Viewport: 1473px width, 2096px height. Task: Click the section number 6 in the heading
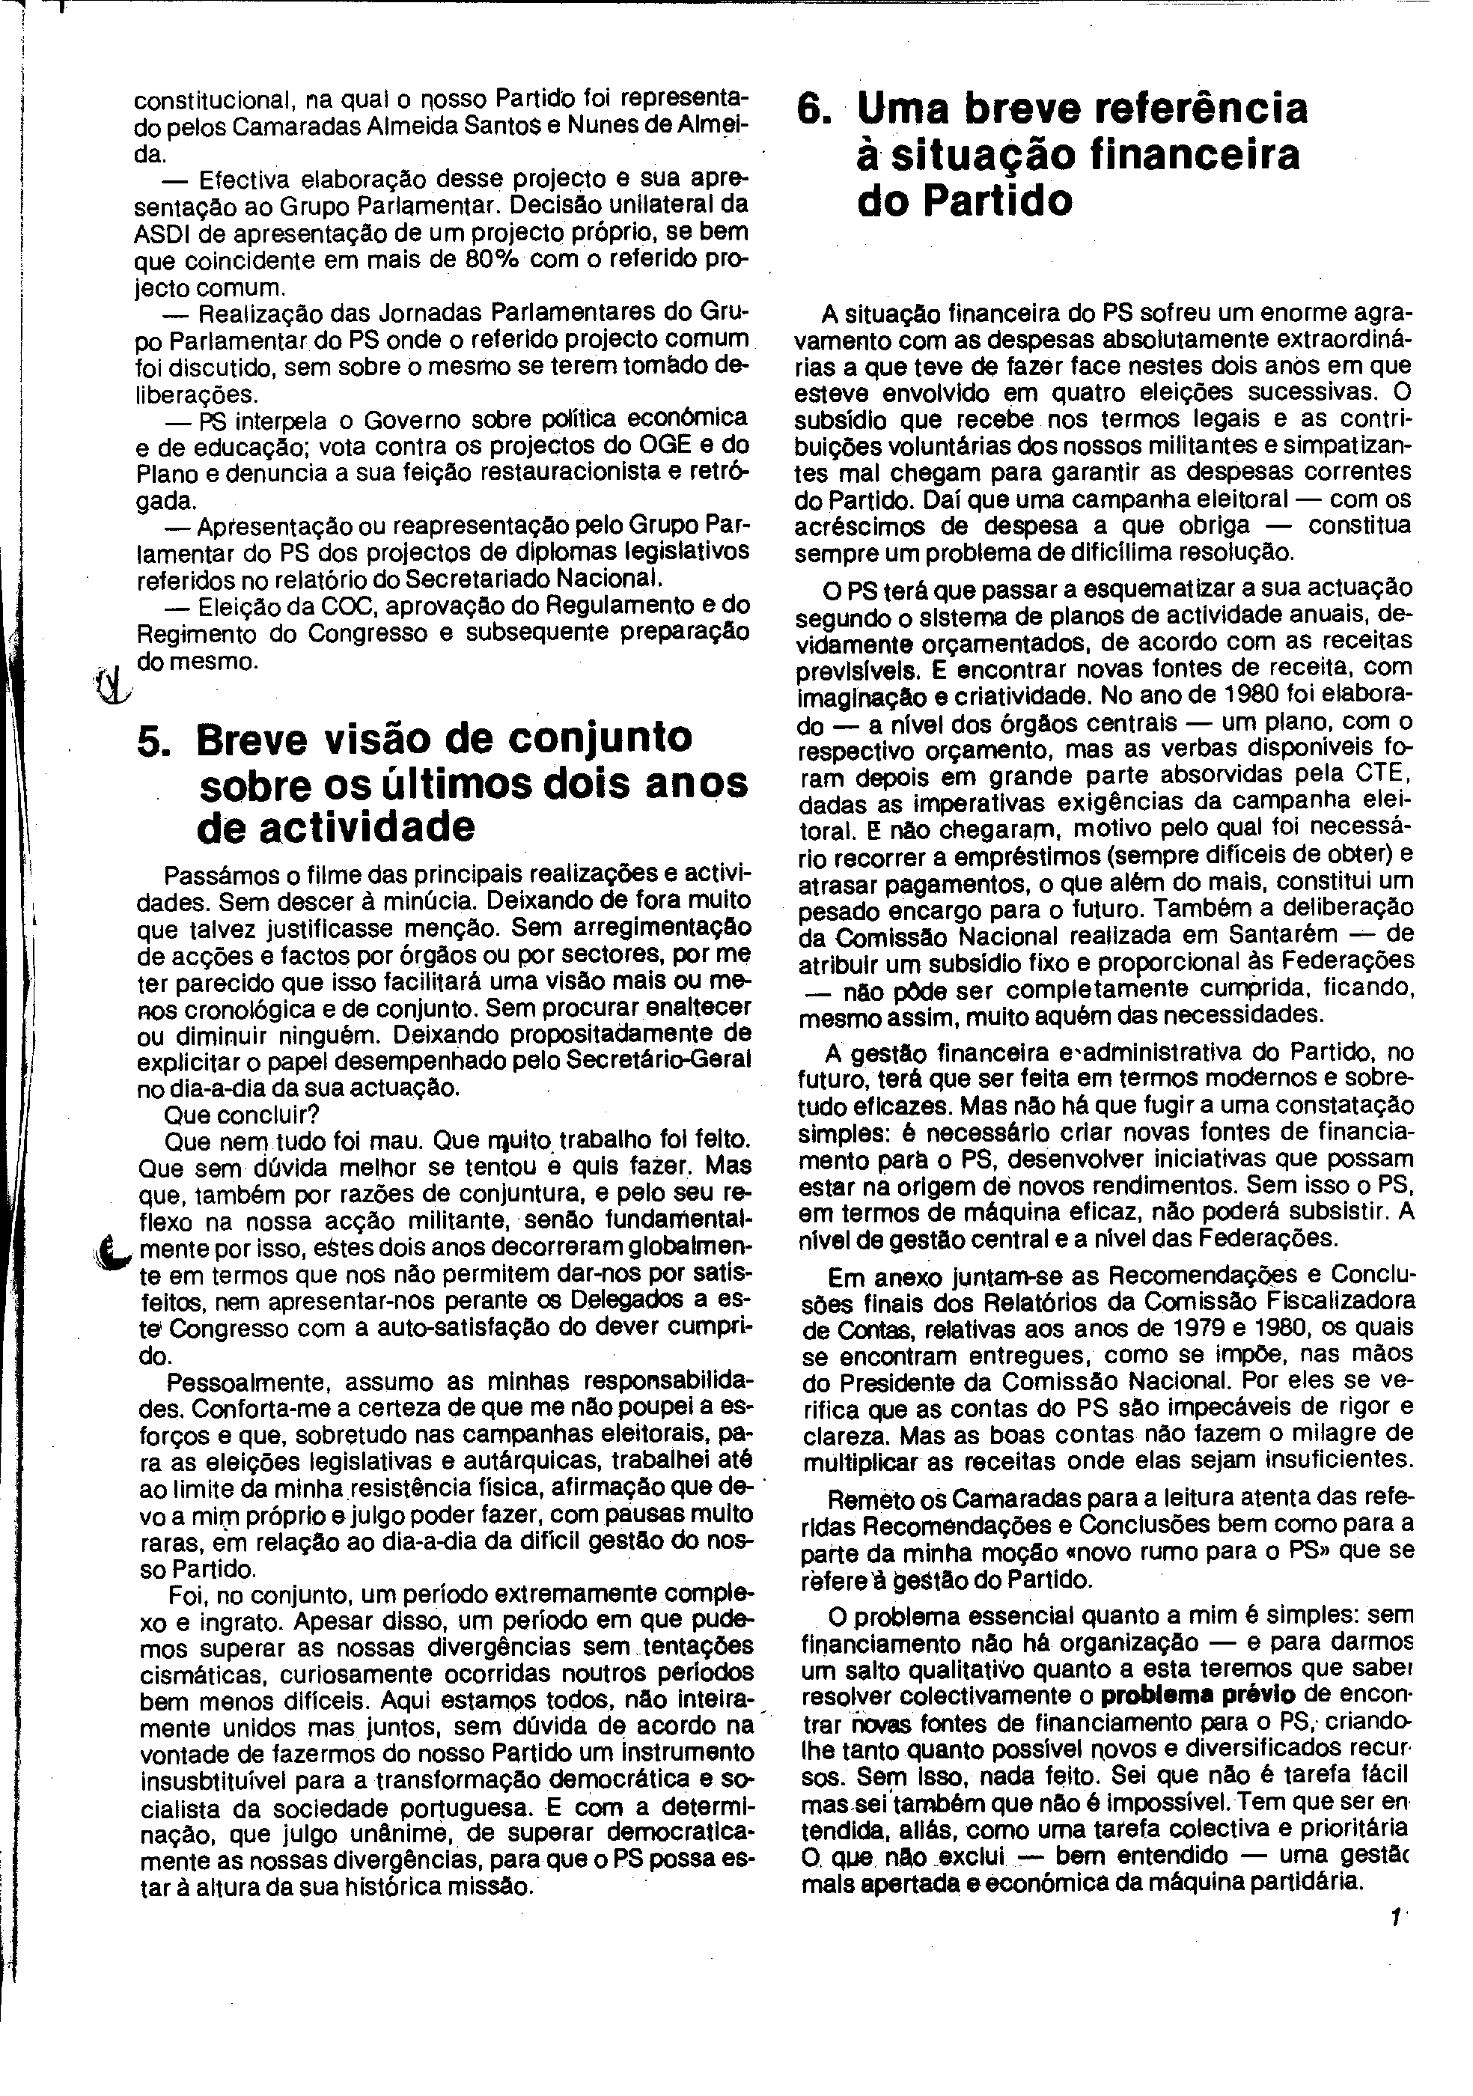[813, 109]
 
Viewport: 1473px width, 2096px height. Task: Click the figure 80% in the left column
[492, 259]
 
